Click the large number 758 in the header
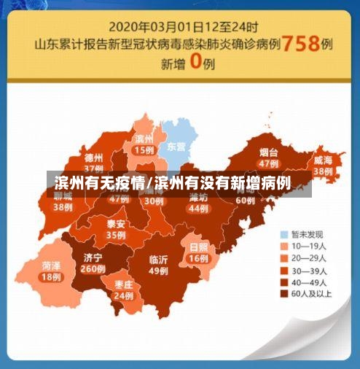tap(301, 43)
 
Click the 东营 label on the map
tap(176, 146)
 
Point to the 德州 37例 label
tap(93, 161)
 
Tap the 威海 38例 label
tap(323, 165)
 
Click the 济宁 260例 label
tap(93, 263)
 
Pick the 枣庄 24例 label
tap(123, 290)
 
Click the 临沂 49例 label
tap(158, 265)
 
